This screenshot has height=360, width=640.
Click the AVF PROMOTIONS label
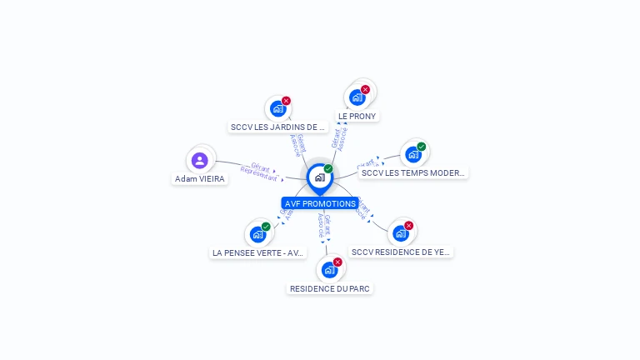[320, 203]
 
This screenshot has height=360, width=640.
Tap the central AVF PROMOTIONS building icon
[319, 177]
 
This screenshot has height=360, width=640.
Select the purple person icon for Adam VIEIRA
[199, 160]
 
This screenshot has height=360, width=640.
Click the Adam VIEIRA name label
[200, 178]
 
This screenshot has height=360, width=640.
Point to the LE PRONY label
[357, 116]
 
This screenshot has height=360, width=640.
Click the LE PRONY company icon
[357, 96]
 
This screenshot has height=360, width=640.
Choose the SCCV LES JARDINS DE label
[277, 127]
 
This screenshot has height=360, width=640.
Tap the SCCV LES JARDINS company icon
[278, 108]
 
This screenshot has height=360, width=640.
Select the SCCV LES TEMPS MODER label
[413, 172]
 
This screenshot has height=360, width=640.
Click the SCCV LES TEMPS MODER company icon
[412, 154]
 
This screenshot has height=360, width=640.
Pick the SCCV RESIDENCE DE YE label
[401, 251]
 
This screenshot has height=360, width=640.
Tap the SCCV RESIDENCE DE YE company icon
[401, 232]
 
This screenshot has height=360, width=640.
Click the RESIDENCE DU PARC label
[330, 288]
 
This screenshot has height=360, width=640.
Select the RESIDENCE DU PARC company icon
[330, 269]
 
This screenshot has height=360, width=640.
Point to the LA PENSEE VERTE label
[258, 252]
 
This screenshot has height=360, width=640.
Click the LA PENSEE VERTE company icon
[257, 234]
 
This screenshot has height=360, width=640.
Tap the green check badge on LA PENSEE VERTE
[266, 227]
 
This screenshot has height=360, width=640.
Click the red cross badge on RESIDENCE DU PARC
[337, 262]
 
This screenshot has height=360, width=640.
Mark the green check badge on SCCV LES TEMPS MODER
[421, 147]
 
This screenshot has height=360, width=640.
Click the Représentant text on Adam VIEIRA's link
[257, 173]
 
